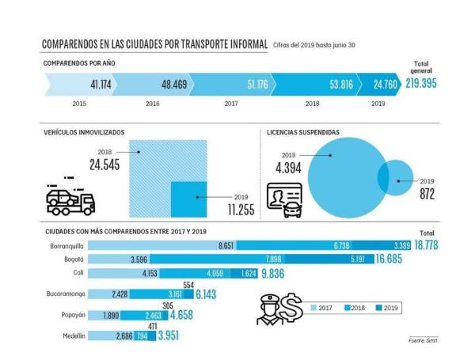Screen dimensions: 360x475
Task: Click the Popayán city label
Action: (69, 315)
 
